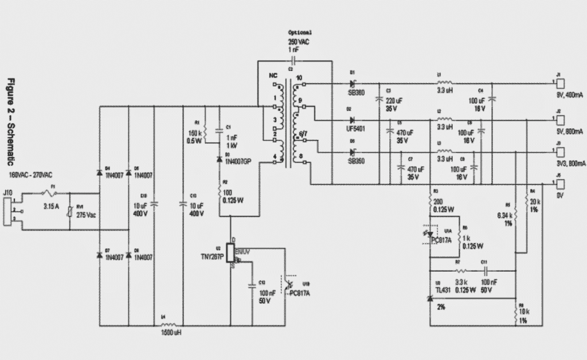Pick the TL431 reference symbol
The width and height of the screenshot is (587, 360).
click(431, 298)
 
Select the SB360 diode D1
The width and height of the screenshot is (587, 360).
click(353, 85)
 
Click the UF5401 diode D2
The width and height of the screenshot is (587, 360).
click(353, 120)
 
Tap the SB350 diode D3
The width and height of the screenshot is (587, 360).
click(353, 152)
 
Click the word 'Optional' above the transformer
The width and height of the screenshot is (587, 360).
click(300, 33)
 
